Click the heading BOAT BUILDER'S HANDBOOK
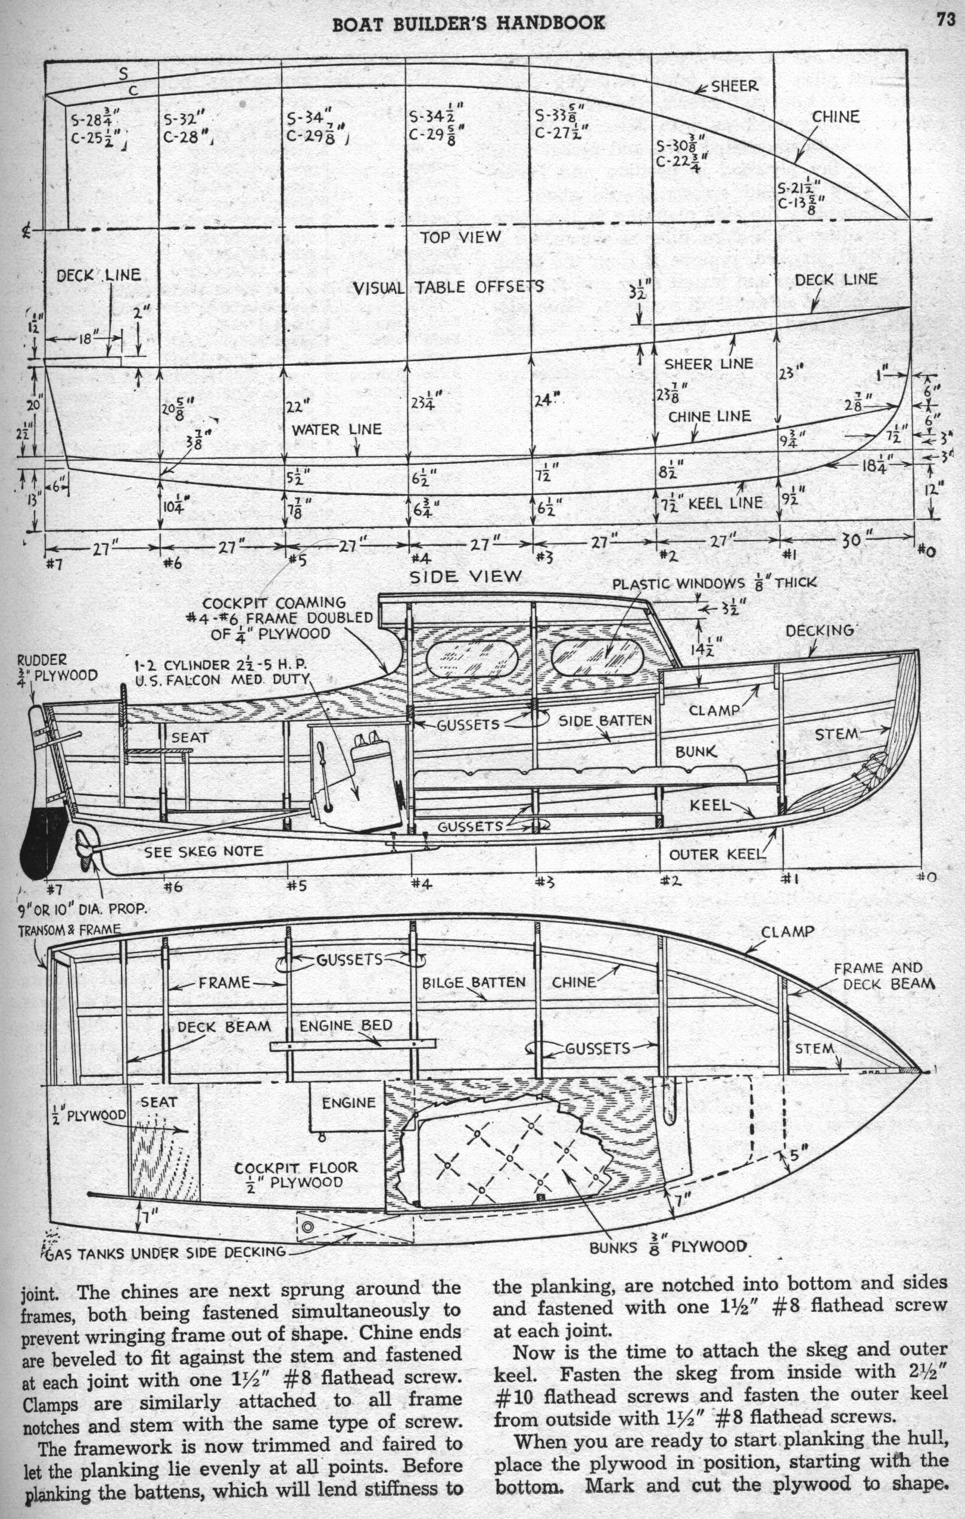pos(469,23)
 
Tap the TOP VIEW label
pos(460,237)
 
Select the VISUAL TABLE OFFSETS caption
pos(448,288)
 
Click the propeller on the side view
pos(84,843)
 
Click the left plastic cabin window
pos(472,661)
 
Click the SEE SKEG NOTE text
pos(203,852)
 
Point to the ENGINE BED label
pos(345,1025)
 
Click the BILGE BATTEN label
pos(473,982)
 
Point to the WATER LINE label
pos(336,429)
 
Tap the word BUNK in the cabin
pos(696,751)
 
